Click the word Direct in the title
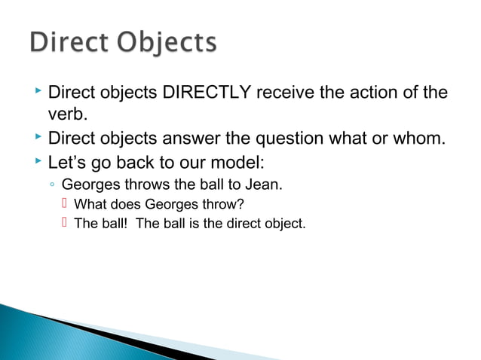tap(69, 43)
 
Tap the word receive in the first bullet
tap(286, 94)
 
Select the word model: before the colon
tap(233, 162)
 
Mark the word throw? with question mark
tap(225, 203)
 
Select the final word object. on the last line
tap(285, 223)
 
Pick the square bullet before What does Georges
tap(65, 203)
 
